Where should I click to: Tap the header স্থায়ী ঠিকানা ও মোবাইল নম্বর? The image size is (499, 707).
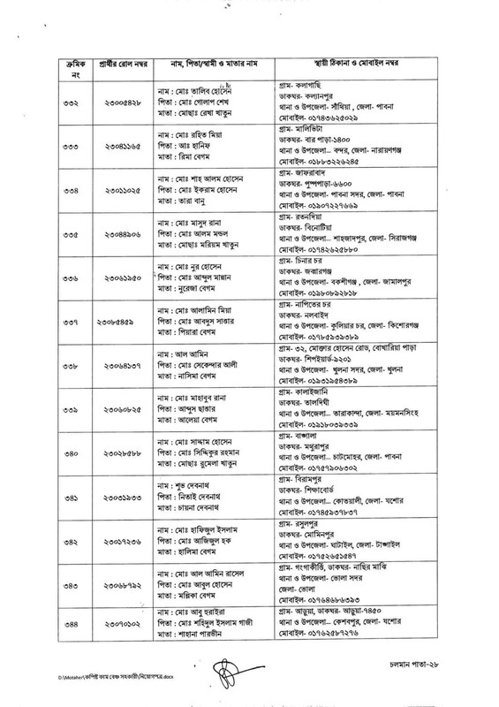click(374, 65)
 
